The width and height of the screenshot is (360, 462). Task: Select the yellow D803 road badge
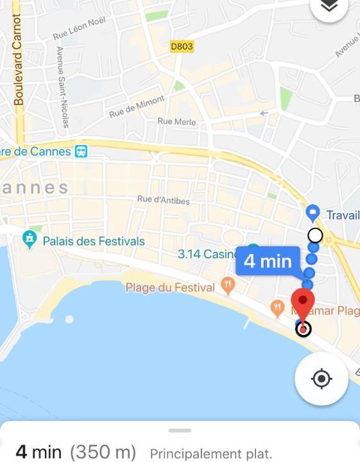tap(182, 47)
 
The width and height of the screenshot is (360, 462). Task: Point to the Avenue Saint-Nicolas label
tap(62, 76)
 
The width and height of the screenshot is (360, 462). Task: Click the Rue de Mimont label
tap(137, 106)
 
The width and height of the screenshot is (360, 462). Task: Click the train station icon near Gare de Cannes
tap(81, 151)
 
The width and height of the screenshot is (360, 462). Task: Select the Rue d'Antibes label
tap(164, 200)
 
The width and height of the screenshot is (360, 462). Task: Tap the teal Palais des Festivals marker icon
tap(30, 239)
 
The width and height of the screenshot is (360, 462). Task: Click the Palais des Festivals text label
tap(94, 242)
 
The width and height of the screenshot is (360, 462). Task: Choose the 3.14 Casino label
tap(207, 254)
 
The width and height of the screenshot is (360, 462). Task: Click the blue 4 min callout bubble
tap(268, 262)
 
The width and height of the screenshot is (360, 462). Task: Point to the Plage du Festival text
tap(170, 287)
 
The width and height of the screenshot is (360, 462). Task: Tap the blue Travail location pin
tap(313, 212)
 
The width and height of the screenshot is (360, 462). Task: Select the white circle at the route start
tap(315, 235)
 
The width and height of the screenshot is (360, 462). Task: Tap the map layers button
tap(329, 6)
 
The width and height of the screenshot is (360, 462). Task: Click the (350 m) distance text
tap(103, 452)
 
